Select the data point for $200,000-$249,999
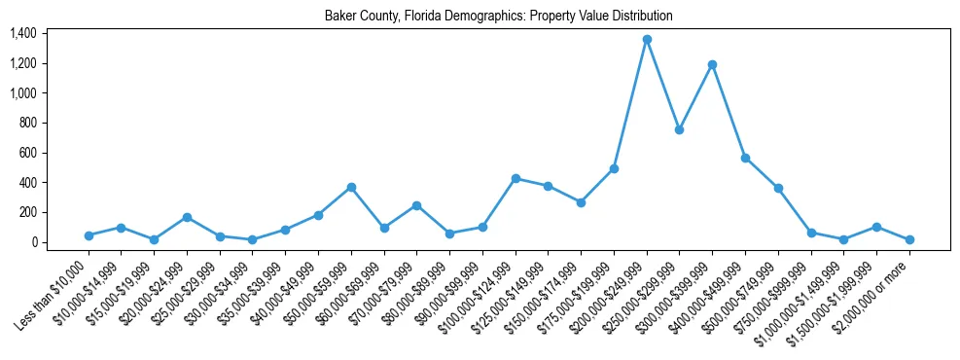(x=647, y=40)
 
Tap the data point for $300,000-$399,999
(x=713, y=64)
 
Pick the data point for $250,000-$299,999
(x=680, y=129)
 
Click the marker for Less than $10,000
(x=89, y=235)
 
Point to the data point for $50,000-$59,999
(x=351, y=187)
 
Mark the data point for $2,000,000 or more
(x=909, y=239)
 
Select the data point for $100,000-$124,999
(x=516, y=178)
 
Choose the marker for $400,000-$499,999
(x=745, y=158)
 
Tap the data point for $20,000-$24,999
(x=187, y=217)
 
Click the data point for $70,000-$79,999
(x=416, y=205)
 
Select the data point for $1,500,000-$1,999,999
(x=876, y=227)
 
